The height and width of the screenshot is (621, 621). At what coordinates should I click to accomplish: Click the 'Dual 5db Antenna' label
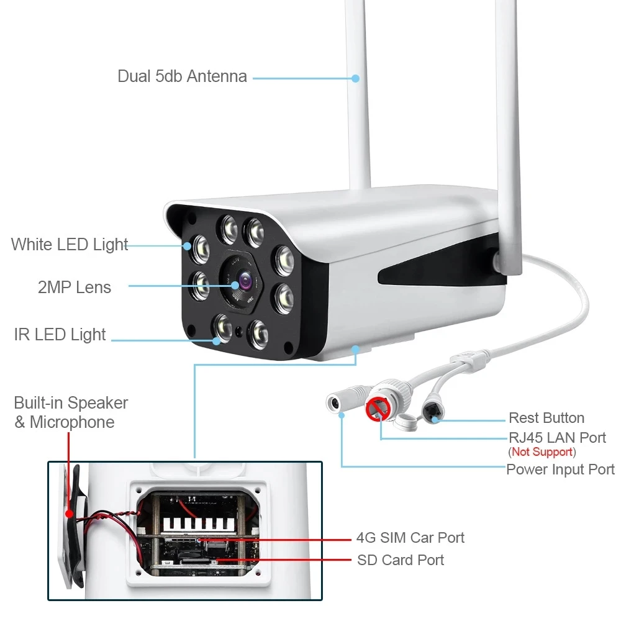pos(182,76)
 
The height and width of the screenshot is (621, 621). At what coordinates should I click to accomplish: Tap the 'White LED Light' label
pos(70,244)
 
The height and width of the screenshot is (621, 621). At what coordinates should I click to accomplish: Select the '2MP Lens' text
pos(75,287)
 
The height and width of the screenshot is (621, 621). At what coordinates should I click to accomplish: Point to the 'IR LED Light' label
pos(60,334)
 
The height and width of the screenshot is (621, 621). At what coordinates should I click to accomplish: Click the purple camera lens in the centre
pos(245,281)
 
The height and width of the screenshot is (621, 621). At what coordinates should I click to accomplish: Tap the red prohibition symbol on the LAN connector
pos(378,409)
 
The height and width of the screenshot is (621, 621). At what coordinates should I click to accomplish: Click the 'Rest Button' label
pos(546,418)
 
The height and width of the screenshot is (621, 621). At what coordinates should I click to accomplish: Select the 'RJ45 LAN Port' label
pos(557,438)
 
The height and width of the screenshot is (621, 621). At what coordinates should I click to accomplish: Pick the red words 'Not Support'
pos(542,451)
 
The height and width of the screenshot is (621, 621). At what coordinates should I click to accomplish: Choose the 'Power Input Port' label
pos(560,469)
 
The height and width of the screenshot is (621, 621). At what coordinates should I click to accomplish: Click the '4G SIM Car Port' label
pos(410,537)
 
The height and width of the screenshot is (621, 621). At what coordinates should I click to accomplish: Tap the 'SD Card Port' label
pos(401,560)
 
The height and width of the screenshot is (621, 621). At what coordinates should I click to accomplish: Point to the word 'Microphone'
pos(72,422)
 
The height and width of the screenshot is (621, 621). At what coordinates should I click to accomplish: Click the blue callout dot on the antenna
pos(356,78)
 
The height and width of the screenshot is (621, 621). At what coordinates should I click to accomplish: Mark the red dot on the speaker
pos(70,514)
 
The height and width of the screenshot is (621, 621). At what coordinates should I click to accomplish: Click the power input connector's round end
pos(335,403)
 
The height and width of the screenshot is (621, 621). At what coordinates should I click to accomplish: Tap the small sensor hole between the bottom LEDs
pos(239,332)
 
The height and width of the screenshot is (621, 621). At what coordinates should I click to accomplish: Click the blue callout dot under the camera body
pos(356,349)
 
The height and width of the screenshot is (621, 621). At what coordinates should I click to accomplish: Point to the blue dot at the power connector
pos(342,415)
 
